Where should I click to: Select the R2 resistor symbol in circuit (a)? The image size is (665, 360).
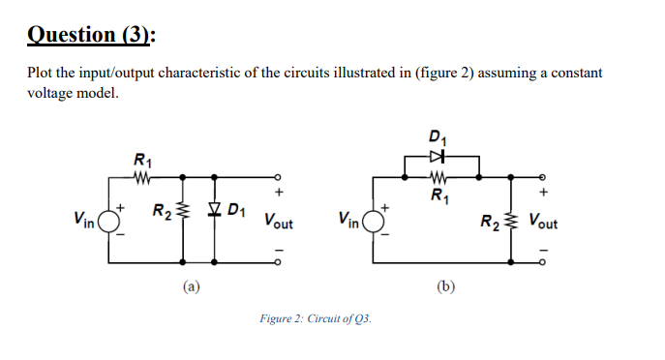point(183,210)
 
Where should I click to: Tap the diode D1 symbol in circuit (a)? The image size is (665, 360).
point(215,209)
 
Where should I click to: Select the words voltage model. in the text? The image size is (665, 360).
point(73,93)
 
